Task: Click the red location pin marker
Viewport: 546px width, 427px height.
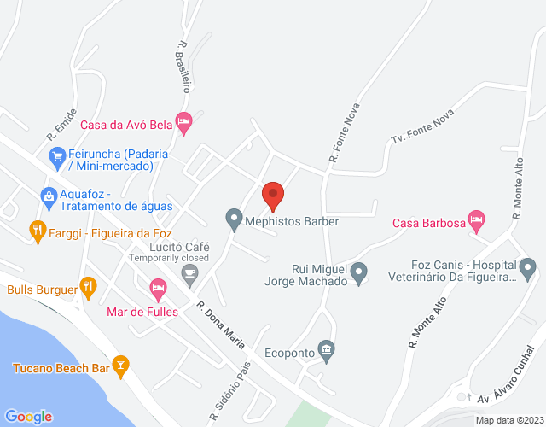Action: pos(272,195)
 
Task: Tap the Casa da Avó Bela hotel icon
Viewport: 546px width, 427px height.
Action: pos(183,123)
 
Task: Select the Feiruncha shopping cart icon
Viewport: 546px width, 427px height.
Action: pos(57,156)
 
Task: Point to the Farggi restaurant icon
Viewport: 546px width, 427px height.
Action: pos(37,228)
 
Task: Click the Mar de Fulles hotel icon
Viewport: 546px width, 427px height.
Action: pos(158,289)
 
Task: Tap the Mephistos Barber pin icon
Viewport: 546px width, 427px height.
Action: pos(233,220)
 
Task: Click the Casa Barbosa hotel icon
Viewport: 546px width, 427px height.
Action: pos(478,220)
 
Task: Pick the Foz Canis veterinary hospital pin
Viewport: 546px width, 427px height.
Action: pos(529,271)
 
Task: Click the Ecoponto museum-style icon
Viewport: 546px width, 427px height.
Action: pos(326,348)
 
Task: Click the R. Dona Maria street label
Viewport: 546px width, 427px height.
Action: pos(221,325)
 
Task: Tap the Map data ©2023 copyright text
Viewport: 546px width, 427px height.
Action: pos(509,419)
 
